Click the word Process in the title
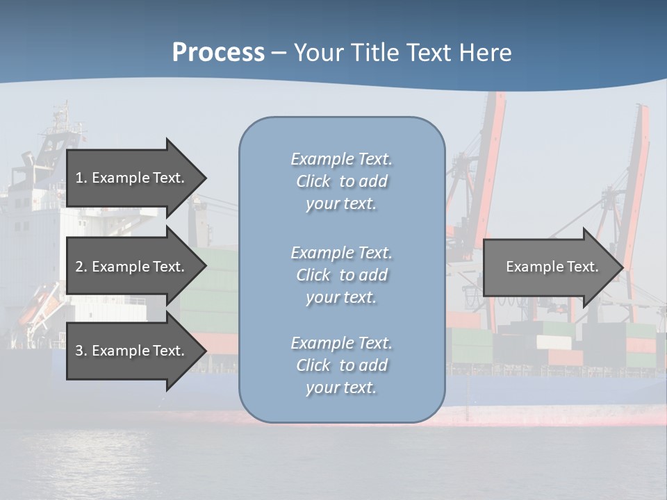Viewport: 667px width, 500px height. (218, 53)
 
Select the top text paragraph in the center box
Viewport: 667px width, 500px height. (341, 181)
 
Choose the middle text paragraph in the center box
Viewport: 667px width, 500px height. (341, 275)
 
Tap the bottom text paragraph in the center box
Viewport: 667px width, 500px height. (341, 365)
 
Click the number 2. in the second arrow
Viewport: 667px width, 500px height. (81, 267)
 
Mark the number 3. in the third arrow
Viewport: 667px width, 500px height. (81, 351)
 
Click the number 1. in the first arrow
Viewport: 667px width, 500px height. (81, 178)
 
